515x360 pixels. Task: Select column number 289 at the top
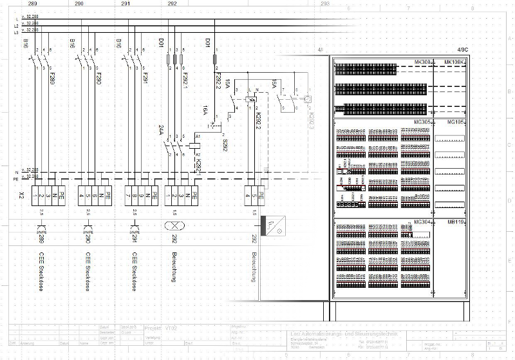pyautogui.click(x=32, y=4)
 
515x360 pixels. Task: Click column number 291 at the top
pyautogui.click(x=126, y=4)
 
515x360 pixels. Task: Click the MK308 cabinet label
pyautogui.click(x=423, y=62)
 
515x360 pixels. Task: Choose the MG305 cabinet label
pyautogui.click(x=422, y=121)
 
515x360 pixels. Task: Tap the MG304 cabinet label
pyautogui.click(x=422, y=222)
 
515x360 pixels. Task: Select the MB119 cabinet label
pyautogui.click(x=456, y=222)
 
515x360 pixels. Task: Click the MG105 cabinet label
pyautogui.click(x=456, y=121)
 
